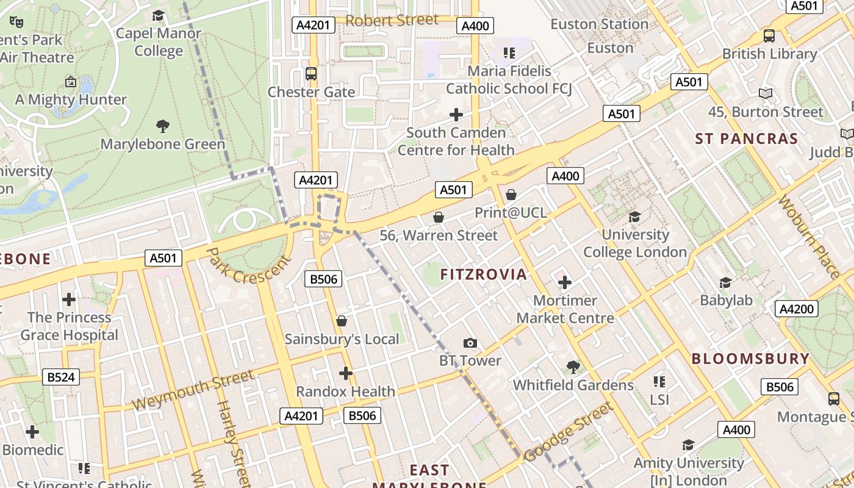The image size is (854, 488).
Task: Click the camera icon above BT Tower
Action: pyautogui.click(x=470, y=343)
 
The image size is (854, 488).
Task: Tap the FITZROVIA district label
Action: pyautogui.click(x=484, y=274)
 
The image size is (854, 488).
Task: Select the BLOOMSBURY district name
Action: pyautogui.click(x=750, y=359)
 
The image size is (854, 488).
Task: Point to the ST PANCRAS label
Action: pyautogui.click(x=747, y=138)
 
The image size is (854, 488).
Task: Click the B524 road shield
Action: pyautogui.click(x=61, y=377)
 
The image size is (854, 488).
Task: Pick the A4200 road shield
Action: pyautogui.click(x=797, y=309)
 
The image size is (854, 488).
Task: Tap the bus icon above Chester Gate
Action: pyautogui.click(x=311, y=74)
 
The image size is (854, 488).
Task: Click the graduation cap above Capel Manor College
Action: pyautogui.click(x=159, y=15)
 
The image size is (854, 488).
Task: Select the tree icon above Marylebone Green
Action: pyautogui.click(x=162, y=126)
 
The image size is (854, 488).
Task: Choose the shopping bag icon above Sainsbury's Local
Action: pyautogui.click(x=342, y=321)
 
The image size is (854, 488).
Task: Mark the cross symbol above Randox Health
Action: pyautogui.click(x=346, y=373)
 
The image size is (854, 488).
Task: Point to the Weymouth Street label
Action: pyautogui.click(x=192, y=390)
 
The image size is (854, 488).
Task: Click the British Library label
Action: pyautogui.click(x=769, y=54)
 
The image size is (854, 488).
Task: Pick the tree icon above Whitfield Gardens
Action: pyautogui.click(x=573, y=367)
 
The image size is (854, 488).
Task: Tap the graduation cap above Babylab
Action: pyautogui.click(x=725, y=282)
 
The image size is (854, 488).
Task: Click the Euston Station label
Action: pyautogui.click(x=599, y=24)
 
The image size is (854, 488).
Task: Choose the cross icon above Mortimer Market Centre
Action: pyautogui.click(x=565, y=282)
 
